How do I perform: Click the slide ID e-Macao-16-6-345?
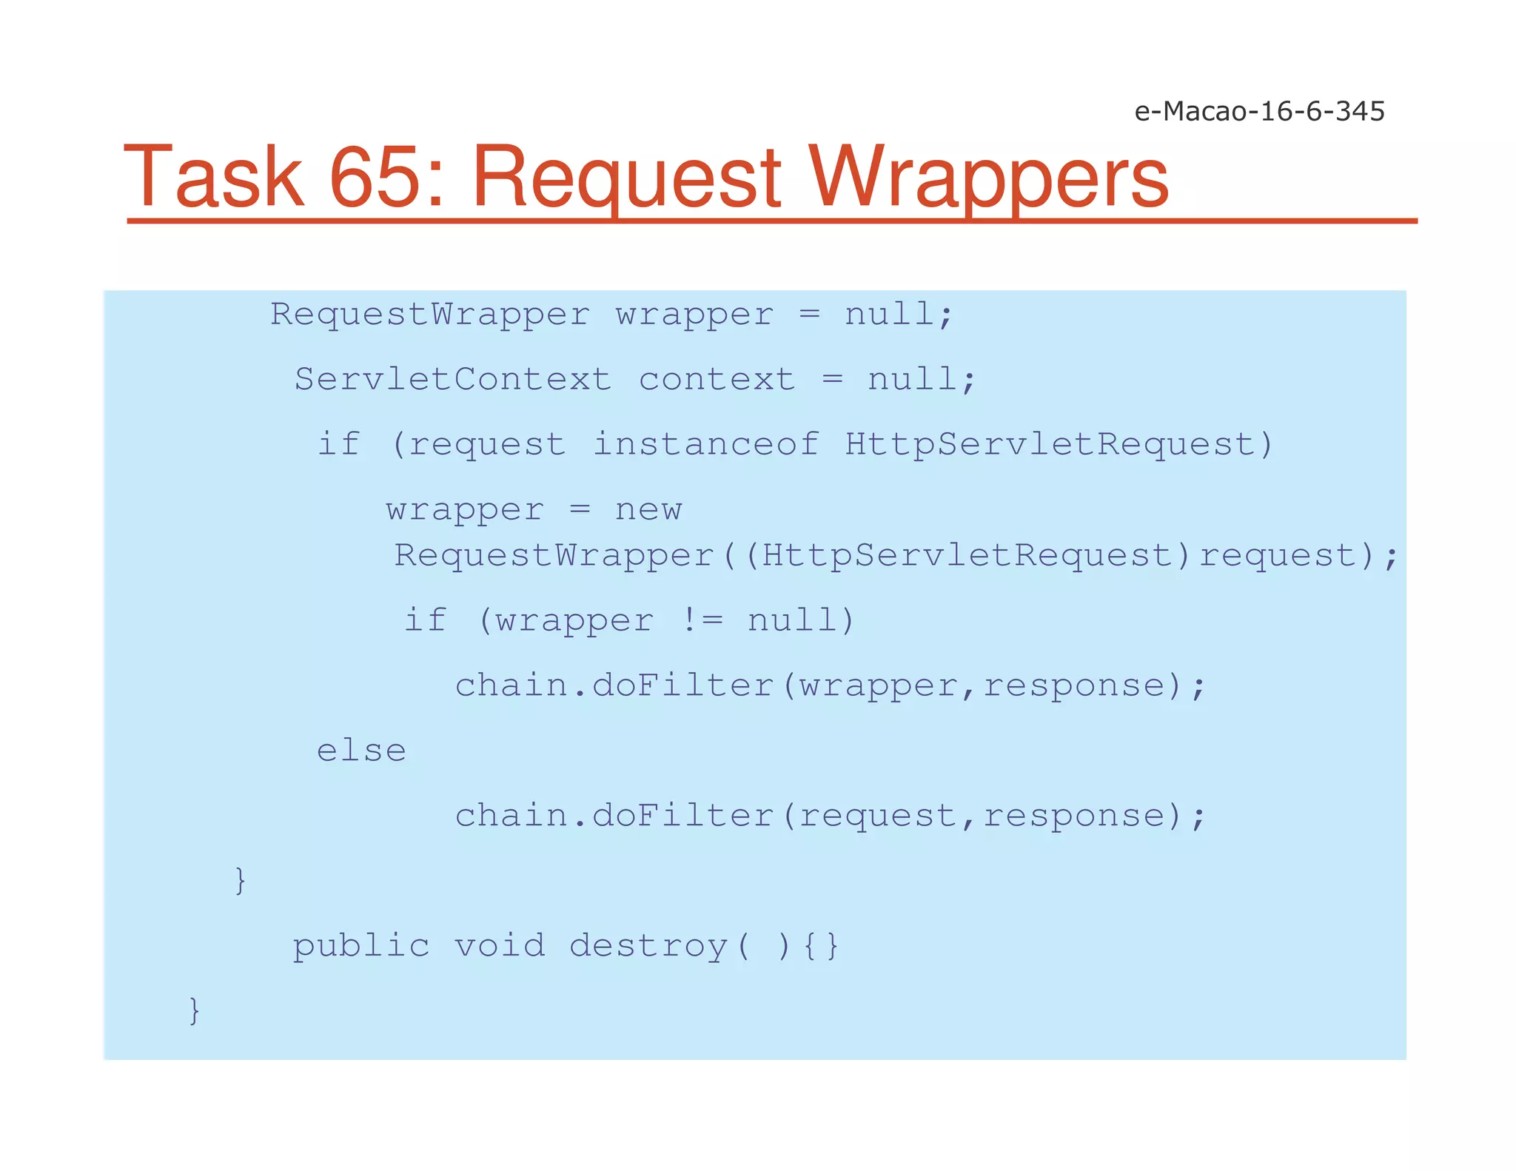point(1259,111)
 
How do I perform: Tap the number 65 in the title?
point(386,178)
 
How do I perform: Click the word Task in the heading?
point(214,178)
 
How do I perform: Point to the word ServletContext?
point(453,380)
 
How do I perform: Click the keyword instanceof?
point(705,444)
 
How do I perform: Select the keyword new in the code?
point(648,510)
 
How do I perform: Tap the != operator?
point(701,620)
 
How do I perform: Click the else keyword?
point(361,751)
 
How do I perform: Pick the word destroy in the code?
point(649,946)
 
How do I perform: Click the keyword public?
point(361,946)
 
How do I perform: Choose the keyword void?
point(500,946)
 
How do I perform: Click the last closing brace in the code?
point(195,1010)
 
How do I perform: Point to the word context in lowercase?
point(717,380)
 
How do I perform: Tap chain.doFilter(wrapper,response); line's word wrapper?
point(879,685)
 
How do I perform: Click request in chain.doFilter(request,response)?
point(879,816)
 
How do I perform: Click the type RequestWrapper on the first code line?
point(430,315)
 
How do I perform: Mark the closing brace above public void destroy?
point(240,881)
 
